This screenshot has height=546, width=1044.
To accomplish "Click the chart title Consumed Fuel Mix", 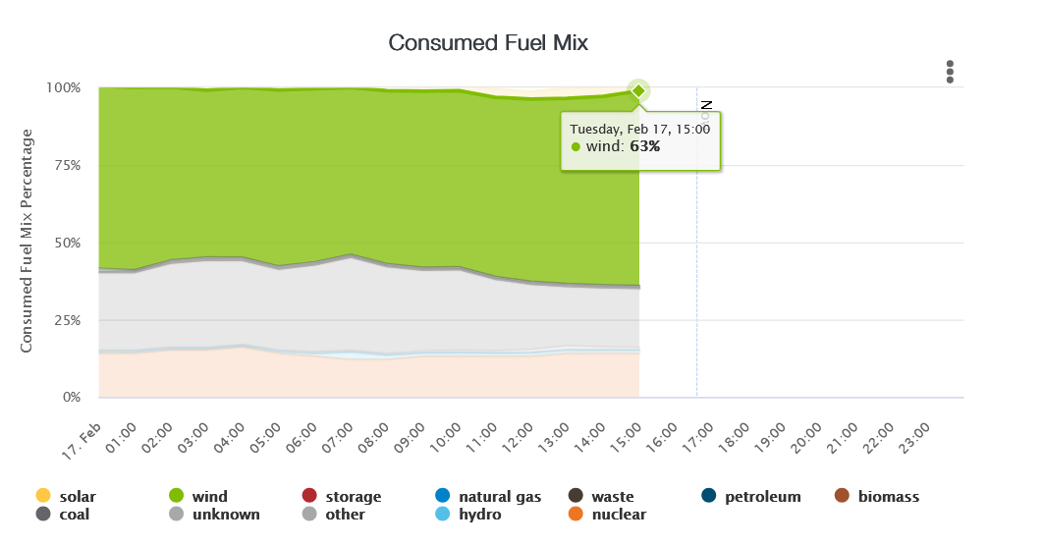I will click(x=488, y=42).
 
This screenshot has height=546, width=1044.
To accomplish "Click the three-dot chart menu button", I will click(x=950, y=72).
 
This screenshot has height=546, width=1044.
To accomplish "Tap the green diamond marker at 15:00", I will click(x=638, y=90).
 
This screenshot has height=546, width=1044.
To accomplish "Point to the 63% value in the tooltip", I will click(x=645, y=146).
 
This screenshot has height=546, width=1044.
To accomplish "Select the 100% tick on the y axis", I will click(x=63, y=87).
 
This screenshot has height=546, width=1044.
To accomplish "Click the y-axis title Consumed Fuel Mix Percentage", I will click(x=27, y=241).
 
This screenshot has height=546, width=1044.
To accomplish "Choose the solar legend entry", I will click(x=68, y=497).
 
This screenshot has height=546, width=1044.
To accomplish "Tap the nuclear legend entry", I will click(x=609, y=515).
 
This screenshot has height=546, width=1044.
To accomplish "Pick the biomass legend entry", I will click(x=877, y=497).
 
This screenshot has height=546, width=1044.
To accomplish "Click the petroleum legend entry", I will click(x=752, y=497).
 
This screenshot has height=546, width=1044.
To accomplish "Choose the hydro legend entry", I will click(x=469, y=515).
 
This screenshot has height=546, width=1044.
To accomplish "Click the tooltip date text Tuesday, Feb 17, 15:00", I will click(x=639, y=128).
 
